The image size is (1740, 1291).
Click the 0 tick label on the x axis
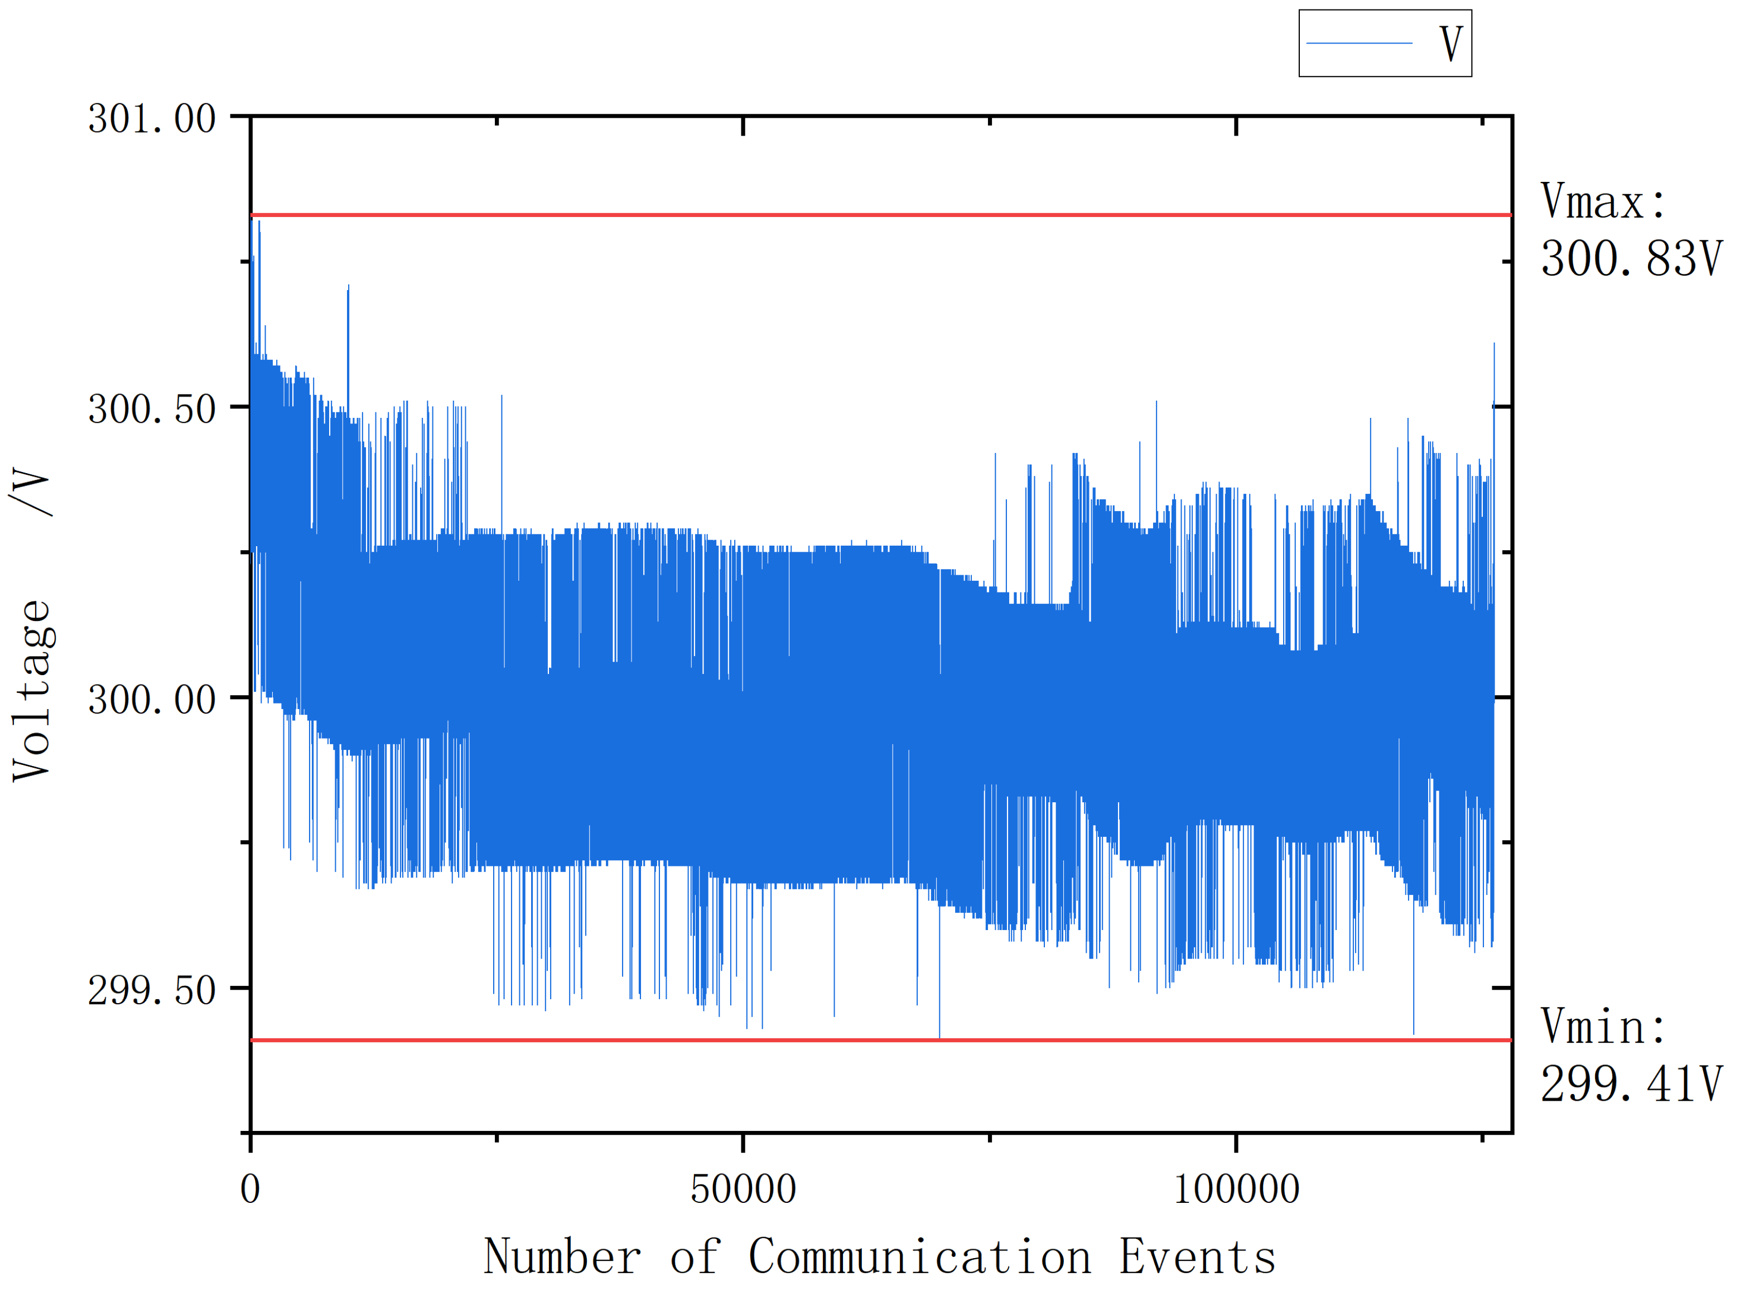point(250,1189)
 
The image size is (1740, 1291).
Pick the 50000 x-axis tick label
point(743,1189)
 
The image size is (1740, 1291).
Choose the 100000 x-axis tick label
point(1236,1189)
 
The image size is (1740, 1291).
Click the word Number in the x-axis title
point(562,1256)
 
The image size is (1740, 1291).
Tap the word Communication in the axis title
point(919,1256)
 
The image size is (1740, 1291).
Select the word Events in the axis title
point(1197,1256)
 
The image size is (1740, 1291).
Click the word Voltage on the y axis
point(31,692)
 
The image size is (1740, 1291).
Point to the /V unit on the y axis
point(31,492)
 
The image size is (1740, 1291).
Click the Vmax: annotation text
point(1603,201)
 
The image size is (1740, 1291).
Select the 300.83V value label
point(1631,259)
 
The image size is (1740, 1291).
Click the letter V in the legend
point(1451,44)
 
